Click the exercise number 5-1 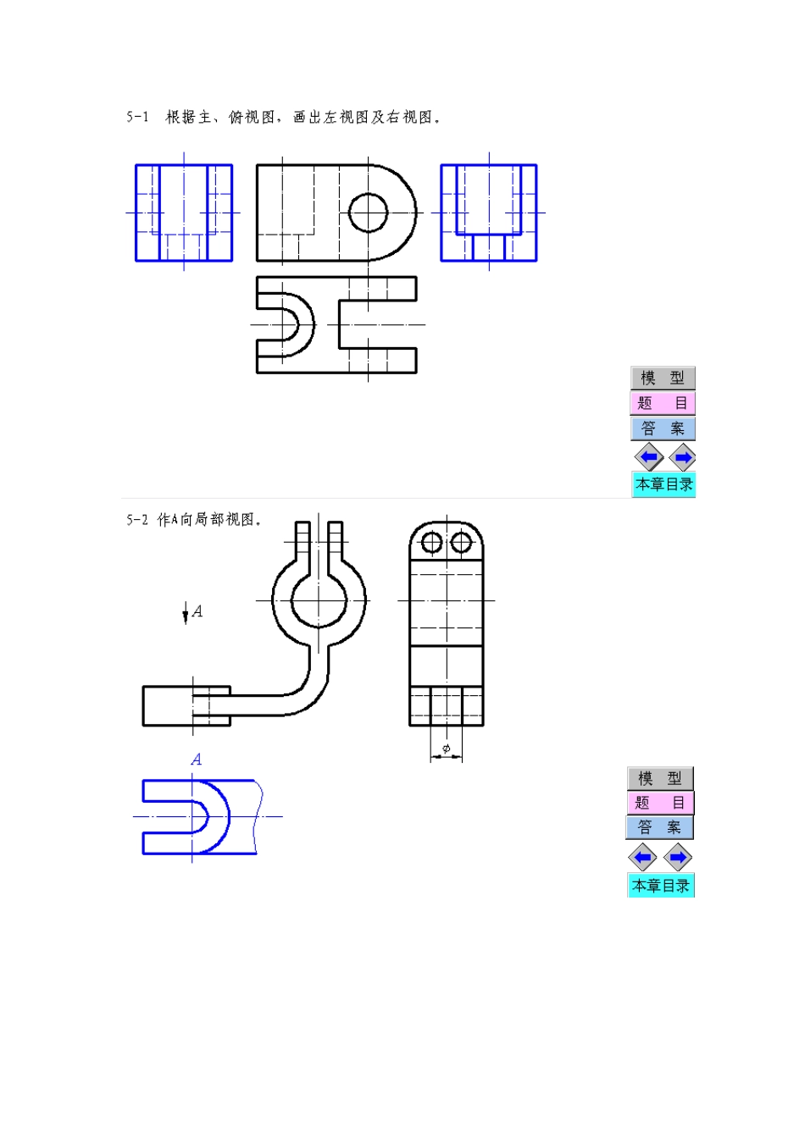click(137, 117)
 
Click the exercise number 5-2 click(137, 520)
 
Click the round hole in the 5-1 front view click(368, 213)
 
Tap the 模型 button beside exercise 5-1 click(663, 378)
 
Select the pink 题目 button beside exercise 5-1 click(663, 403)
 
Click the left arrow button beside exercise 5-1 click(649, 458)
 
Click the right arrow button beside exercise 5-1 click(682, 458)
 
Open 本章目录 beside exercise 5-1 click(663, 484)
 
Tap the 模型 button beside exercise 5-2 click(660, 778)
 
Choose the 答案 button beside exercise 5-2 click(660, 827)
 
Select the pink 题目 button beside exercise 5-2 click(660, 803)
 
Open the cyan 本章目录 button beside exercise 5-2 click(661, 886)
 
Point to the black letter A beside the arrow click(197, 611)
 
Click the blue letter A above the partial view click(197, 760)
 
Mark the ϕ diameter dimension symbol click(447, 749)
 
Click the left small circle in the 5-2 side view click(432, 542)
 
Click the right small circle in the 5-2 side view click(461, 542)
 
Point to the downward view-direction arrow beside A click(186, 614)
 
